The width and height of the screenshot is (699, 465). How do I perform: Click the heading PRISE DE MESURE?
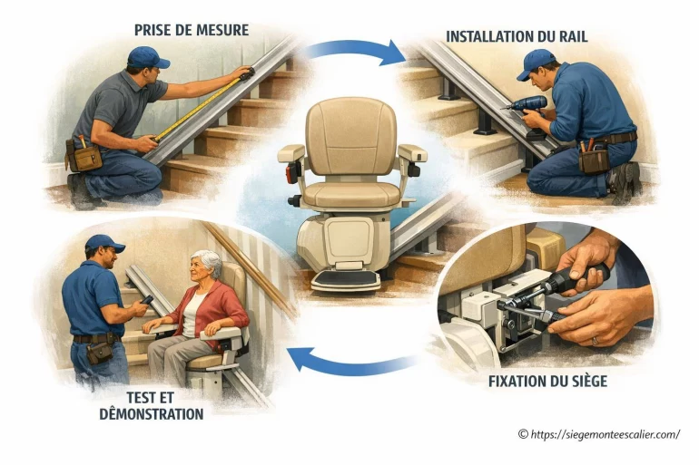[x=192, y=30]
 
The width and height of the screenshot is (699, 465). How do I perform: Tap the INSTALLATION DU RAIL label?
[x=517, y=36]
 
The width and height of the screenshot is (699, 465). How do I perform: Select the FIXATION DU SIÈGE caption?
[x=548, y=382]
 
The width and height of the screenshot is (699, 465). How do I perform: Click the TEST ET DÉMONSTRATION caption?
[x=151, y=405]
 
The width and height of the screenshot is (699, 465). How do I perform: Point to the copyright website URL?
[x=599, y=434]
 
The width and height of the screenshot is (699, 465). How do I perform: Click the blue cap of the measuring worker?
[x=147, y=57]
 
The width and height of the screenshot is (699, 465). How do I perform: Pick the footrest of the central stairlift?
[x=346, y=280]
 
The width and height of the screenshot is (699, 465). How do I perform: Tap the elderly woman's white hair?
[x=208, y=261]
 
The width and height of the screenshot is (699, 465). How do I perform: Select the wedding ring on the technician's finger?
[x=595, y=341]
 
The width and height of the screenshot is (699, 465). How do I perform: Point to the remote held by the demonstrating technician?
[x=146, y=300]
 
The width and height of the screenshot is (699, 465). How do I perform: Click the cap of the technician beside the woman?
[x=104, y=243]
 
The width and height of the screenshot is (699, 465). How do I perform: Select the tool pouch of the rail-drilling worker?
[x=594, y=160]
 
